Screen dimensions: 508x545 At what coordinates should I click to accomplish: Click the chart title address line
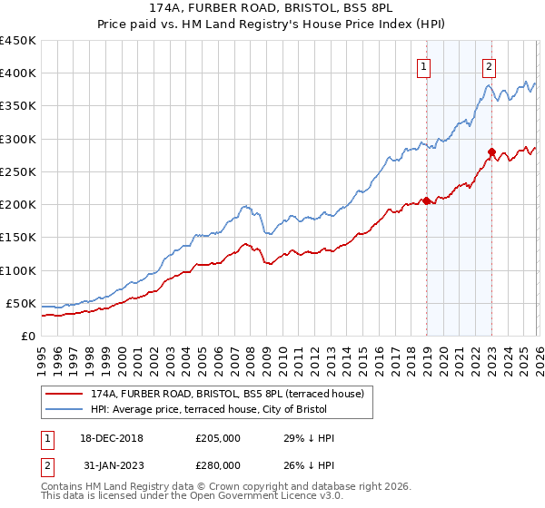(x=272, y=10)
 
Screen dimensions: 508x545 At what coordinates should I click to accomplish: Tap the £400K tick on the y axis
(x=18, y=73)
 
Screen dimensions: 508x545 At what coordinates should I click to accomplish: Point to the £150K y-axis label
(x=18, y=238)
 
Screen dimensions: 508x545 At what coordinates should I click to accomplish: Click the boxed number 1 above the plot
(x=424, y=65)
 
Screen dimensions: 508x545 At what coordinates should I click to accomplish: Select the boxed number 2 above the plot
(x=489, y=65)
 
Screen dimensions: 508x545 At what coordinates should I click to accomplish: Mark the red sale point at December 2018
(x=425, y=201)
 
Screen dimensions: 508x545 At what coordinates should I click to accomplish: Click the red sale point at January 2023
(x=491, y=152)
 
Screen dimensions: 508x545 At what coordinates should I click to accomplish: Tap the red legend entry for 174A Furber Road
(x=227, y=394)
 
